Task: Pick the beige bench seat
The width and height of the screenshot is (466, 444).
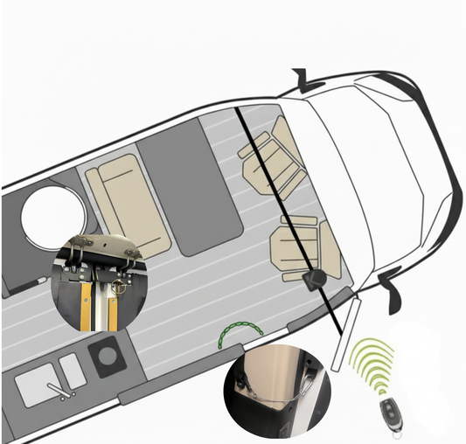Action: click(x=126, y=204)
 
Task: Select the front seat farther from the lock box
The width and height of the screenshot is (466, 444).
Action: click(x=272, y=158)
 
